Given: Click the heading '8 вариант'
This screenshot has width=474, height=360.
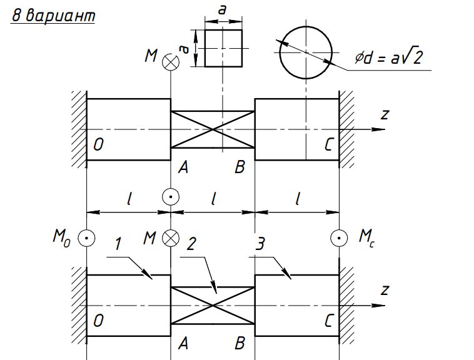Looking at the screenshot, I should [x=53, y=15].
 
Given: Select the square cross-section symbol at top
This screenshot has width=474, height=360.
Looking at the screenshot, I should [x=223, y=47].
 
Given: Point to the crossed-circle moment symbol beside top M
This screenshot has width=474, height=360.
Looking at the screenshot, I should [x=170, y=62].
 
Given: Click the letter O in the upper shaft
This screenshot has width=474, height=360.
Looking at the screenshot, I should [x=98, y=145].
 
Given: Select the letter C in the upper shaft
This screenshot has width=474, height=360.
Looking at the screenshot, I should [x=329, y=145].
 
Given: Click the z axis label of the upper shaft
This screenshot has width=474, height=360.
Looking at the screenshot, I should [x=385, y=114].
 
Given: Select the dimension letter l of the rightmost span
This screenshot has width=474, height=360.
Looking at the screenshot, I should [x=298, y=199].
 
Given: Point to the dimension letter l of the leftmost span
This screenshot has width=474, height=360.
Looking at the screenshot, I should [x=129, y=199].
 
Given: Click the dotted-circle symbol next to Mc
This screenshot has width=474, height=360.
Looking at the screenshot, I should [x=340, y=238].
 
